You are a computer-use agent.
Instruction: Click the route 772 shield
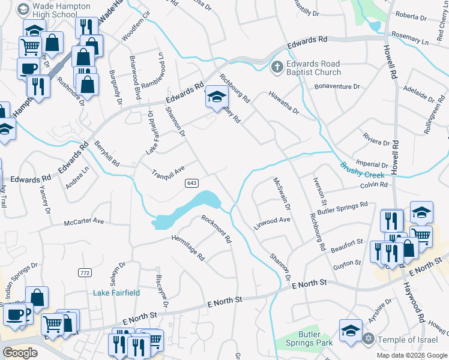point(85,272)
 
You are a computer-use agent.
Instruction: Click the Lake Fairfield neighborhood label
point(116,293)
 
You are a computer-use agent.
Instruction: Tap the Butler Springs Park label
point(316,338)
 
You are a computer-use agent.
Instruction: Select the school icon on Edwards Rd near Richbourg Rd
point(217,97)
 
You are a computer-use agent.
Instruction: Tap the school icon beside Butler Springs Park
point(351,330)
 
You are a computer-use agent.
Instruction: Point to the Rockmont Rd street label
point(217,229)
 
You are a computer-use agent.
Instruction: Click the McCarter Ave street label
point(84,221)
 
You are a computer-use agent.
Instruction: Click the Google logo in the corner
point(20,353)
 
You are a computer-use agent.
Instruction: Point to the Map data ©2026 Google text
point(411,355)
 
